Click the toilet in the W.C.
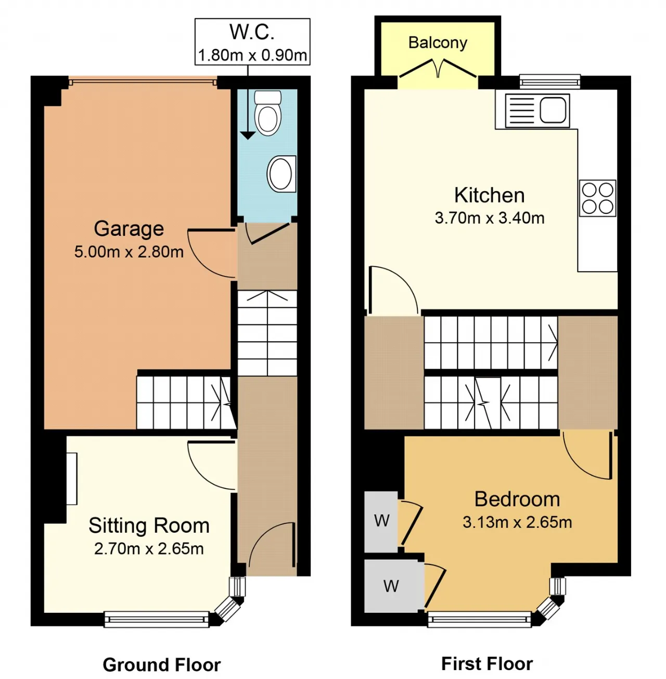pos(267,112)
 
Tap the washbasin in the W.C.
pos(281,174)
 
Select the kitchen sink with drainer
pos(537,110)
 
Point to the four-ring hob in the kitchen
pos(597,198)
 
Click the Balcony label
pos(438,43)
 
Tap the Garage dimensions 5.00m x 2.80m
pos(129,252)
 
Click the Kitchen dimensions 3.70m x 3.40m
pos(490,218)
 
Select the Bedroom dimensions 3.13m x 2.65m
pos(517,522)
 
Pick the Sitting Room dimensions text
pos(149,549)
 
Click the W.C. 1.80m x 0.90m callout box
pos(252,42)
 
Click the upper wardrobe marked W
pos(381,522)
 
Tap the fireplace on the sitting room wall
pos(72,479)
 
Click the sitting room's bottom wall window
pos(157,620)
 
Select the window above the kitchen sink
pos(550,81)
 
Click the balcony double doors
pos(438,69)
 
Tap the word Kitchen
pos(490,195)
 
